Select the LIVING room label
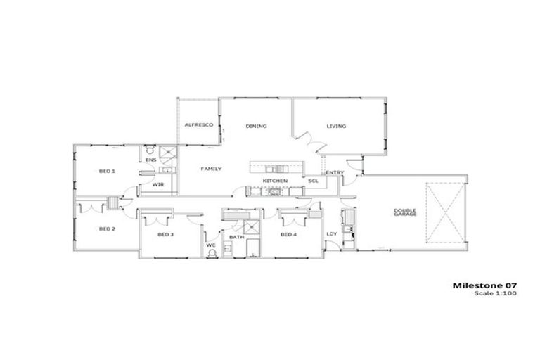click(x=336, y=127)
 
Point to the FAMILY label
click(x=212, y=169)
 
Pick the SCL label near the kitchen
click(x=313, y=181)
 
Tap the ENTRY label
click(x=335, y=173)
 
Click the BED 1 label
click(x=107, y=171)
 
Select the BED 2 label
click(x=107, y=229)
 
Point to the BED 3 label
click(x=165, y=234)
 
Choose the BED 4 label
click(x=289, y=234)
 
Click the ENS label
click(x=150, y=161)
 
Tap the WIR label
click(x=158, y=185)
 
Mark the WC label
click(x=210, y=245)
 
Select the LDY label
click(x=332, y=234)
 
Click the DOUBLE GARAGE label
click(x=406, y=211)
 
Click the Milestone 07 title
click(x=477, y=285)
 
